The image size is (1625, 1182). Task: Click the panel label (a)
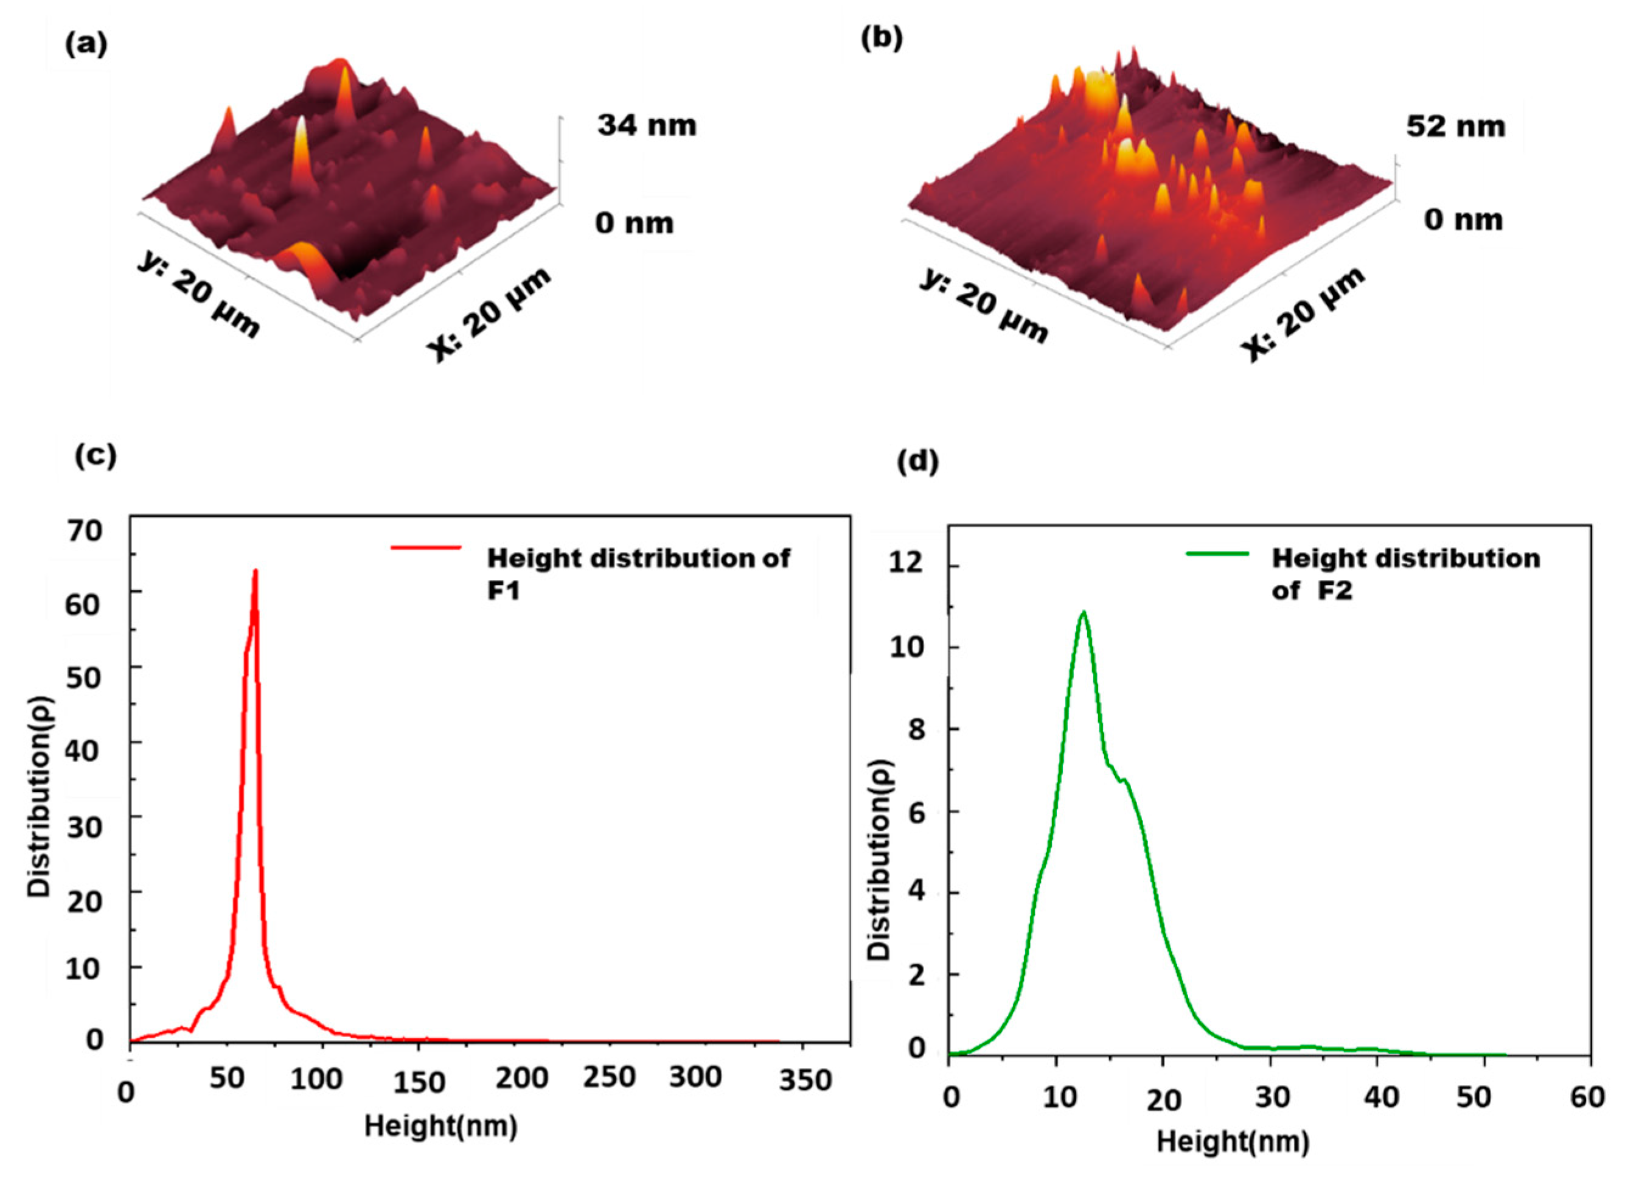86,44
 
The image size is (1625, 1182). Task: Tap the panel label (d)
918,463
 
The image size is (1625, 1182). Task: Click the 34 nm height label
646,125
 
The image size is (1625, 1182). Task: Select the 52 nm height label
1455,126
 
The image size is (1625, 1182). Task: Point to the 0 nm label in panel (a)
633,223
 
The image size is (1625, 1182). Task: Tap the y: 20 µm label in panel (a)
198,295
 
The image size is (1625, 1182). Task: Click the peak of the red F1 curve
254,572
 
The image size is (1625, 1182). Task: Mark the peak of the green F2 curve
1084,612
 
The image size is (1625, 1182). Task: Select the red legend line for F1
426,548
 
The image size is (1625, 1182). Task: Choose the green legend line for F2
1217,553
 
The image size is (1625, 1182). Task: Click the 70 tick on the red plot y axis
84,531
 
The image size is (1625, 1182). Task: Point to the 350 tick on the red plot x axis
805,1080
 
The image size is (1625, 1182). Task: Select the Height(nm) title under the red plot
440,1126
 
